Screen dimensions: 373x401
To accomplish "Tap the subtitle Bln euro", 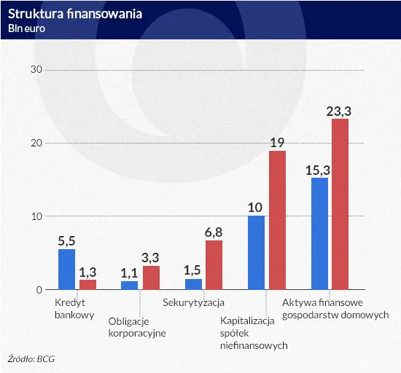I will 27,28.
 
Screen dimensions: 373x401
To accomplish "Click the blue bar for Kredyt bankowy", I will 66,270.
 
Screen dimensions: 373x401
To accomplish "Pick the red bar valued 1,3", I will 87,285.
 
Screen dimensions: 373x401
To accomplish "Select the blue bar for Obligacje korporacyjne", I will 129,286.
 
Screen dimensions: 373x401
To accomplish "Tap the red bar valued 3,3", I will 151,278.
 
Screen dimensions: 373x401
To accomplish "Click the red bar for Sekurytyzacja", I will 214,265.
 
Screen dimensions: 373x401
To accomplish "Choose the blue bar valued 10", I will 256,253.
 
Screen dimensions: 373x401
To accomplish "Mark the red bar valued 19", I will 277,220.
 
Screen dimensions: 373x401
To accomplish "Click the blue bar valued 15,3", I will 319,234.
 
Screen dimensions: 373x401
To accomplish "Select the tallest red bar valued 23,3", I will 340,204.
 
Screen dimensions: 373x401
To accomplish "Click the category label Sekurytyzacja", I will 193,302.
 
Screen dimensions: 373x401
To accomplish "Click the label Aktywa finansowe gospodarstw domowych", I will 335,308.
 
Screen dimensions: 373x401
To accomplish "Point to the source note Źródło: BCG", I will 31,359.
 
